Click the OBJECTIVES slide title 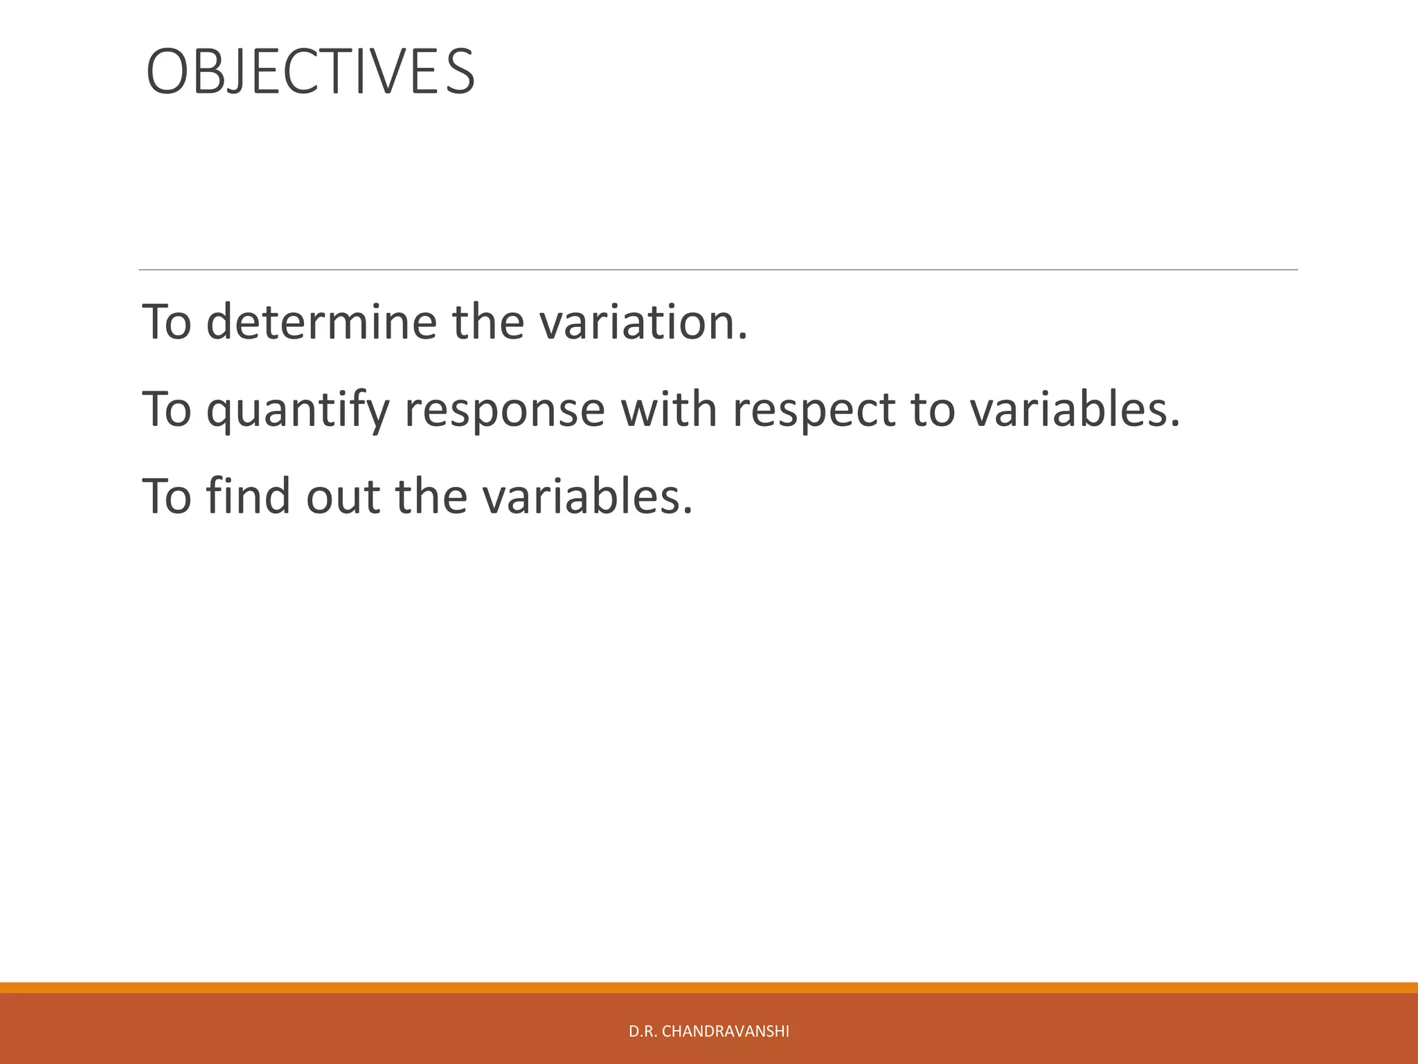[x=310, y=72]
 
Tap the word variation [x=643, y=322]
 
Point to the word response [x=504, y=410]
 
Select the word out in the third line [x=343, y=497]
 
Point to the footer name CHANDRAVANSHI [x=725, y=1031]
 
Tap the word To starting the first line [x=166, y=322]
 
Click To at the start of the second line [x=166, y=409]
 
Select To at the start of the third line [x=166, y=497]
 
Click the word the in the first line [x=488, y=322]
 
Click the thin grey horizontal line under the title [x=718, y=269]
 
